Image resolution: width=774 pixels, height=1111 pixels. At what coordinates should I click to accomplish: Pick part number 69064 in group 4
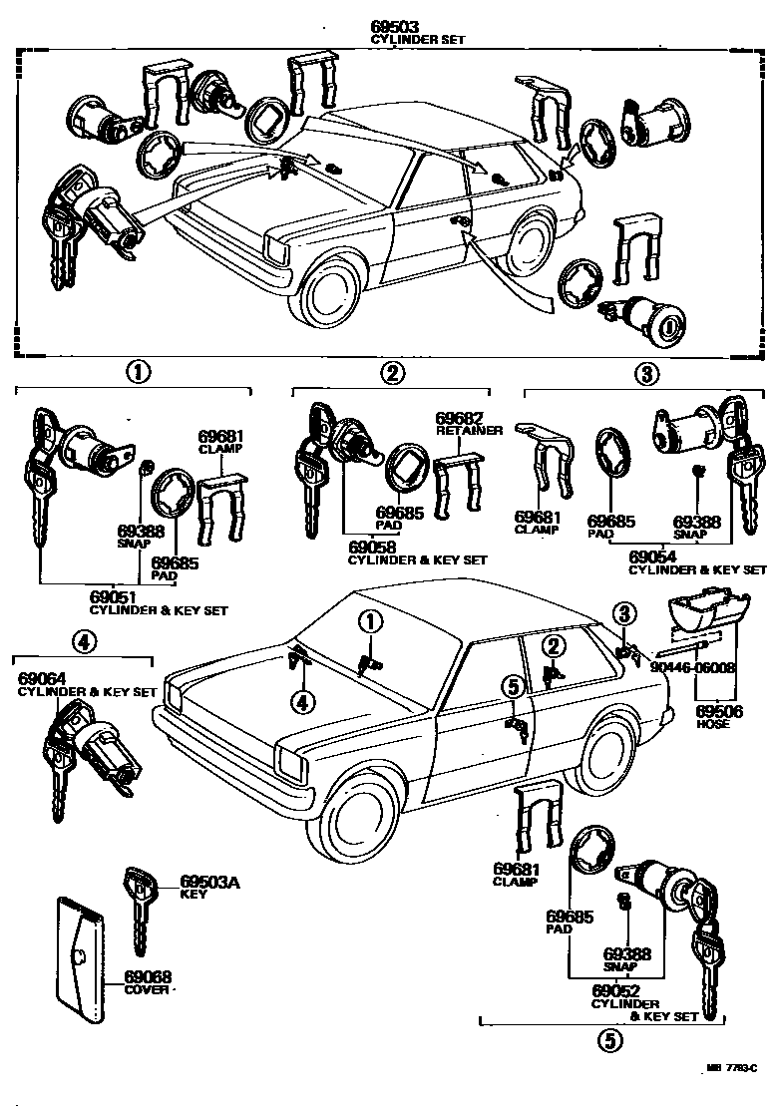click(40, 679)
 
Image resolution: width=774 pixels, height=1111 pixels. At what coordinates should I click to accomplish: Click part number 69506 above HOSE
click(713, 711)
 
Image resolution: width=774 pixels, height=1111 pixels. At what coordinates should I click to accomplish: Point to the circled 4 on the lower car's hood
click(302, 702)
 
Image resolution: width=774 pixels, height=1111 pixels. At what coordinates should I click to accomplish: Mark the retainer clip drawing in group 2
click(459, 483)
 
